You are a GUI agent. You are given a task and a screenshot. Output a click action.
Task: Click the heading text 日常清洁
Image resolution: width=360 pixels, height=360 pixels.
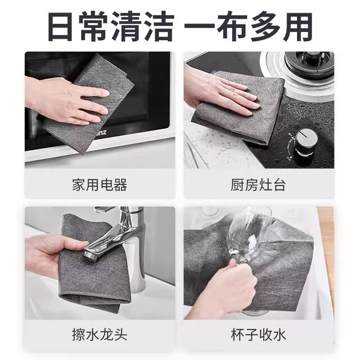tap(110, 26)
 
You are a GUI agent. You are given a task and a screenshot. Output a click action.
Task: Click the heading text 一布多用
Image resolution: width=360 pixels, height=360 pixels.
tap(249, 26)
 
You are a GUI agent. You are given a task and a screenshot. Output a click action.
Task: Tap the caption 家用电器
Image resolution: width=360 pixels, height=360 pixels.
tap(100, 184)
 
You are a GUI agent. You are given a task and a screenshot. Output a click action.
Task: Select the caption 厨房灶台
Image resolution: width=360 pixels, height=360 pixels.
tap(259, 184)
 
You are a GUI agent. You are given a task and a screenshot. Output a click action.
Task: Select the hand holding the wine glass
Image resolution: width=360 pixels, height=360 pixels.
tap(228, 287)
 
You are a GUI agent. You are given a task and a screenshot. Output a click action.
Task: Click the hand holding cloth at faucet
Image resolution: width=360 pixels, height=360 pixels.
tap(48, 253)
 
